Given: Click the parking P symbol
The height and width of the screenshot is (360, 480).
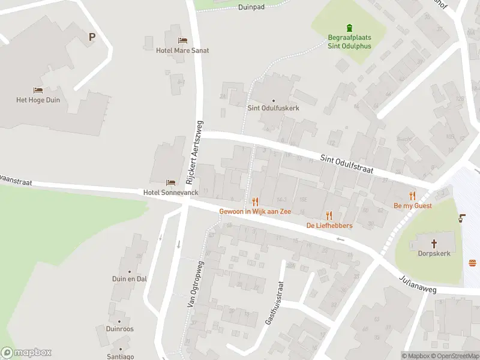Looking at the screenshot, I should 92,37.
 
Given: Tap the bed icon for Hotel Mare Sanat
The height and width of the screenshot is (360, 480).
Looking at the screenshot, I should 182,41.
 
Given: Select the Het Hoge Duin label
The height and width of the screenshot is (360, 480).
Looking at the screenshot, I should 38,100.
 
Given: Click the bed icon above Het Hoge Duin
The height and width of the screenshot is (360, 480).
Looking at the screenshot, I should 38,91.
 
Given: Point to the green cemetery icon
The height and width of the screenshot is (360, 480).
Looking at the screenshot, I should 349,28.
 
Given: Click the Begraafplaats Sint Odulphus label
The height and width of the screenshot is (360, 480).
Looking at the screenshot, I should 349,41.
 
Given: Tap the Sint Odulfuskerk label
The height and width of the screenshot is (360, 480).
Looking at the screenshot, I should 273,108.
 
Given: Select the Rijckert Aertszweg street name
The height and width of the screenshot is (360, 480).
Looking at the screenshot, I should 196,151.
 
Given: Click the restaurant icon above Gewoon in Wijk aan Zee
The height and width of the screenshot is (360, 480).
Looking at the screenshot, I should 255,202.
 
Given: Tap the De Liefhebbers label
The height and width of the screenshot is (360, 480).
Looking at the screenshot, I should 329,225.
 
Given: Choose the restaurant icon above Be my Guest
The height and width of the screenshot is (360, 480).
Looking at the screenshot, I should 412,196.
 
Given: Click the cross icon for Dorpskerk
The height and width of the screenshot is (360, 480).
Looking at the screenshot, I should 435,244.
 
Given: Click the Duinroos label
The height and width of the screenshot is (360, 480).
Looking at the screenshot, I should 119,329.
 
